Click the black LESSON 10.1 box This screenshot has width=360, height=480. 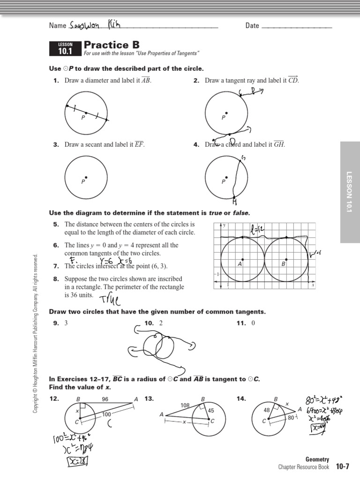[65, 49]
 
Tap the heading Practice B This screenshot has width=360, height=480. [112, 45]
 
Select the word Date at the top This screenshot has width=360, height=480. [252, 26]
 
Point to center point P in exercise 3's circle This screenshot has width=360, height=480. [86, 177]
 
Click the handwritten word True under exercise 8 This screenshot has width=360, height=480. [110, 299]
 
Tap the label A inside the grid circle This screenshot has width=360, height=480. [240, 264]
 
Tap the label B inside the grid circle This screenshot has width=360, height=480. [283, 264]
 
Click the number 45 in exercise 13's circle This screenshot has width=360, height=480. [211, 411]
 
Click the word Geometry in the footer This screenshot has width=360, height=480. [317, 459]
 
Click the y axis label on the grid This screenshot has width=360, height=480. [224, 225]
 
